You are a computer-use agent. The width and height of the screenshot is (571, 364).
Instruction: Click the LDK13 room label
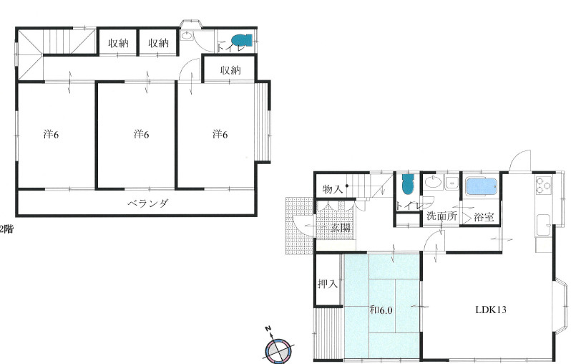click(x=491, y=310)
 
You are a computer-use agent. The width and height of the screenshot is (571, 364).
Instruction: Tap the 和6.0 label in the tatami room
click(x=381, y=310)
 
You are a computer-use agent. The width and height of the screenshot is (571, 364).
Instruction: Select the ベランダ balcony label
click(x=148, y=203)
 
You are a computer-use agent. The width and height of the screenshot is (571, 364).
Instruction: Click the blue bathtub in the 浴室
click(x=482, y=186)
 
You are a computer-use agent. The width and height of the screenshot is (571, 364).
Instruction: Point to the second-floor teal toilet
click(x=241, y=40)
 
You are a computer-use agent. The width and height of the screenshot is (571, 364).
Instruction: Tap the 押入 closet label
click(x=328, y=284)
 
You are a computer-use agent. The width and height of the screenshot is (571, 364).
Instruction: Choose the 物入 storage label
click(x=333, y=189)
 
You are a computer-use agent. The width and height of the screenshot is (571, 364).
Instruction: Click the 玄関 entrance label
click(x=341, y=228)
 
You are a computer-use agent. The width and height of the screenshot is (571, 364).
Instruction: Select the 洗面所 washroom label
click(x=441, y=216)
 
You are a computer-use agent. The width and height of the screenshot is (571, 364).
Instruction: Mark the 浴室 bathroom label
click(x=484, y=217)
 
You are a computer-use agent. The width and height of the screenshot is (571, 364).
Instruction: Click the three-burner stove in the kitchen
click(x=543, y=185)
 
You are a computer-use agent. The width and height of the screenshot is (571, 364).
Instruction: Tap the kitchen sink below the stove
click(x=544, y=226)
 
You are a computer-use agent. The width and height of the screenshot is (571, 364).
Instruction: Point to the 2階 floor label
click(x=6, y=229)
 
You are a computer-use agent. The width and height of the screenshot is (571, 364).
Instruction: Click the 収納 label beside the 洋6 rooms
click(x=230, y=70)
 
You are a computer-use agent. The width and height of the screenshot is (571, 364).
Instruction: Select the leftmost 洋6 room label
click(x=51, y=134)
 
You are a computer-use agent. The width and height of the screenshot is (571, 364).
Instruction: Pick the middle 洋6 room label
click(x=141, y=134)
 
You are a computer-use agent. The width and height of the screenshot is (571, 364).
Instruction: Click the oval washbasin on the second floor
click(x=186, y=36)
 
